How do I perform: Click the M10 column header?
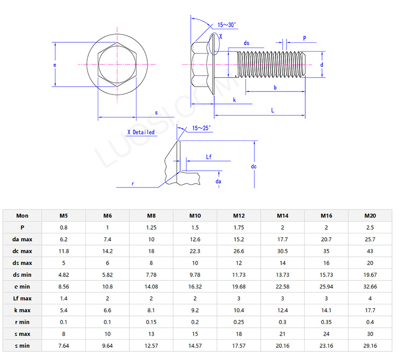click(195, 216)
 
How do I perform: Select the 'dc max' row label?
click(23, 251)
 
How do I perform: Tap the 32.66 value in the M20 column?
click(370, 287)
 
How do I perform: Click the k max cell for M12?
click(239, 310)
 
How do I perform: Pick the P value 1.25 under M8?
click(151, 227)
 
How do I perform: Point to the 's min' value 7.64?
click(63, 346)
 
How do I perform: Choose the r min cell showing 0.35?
click(326, 322)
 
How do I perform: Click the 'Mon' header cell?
click(23, 216)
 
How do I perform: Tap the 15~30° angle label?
click(227, 24)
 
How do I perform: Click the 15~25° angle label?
click(201, 128)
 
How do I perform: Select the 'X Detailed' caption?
click(141, 132)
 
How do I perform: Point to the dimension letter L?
click(273, 110)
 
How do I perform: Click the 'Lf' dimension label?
click(209, 157)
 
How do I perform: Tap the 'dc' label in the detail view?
click(254, 166)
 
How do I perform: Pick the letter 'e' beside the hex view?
click(55, 65)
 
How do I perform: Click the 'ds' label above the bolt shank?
click(246, 43)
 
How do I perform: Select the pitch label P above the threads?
click(304, 38)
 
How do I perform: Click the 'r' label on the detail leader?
click(132, 184)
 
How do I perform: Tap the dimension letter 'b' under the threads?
click(275, 87)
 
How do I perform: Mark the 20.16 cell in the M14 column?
click(282, 346)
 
